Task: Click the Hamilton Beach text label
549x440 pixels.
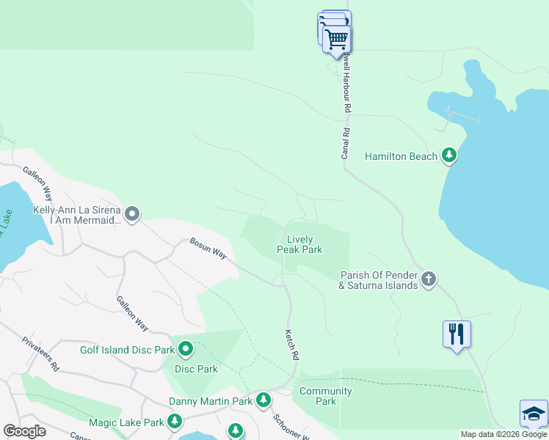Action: [x=401, y=156]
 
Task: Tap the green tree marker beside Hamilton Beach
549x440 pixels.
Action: [x=449, y=155]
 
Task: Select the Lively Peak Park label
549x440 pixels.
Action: [x=299, y=245]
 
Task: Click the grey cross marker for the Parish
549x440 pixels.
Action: [x=429, y=279]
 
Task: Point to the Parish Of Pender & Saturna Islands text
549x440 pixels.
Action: [x=378, y=281]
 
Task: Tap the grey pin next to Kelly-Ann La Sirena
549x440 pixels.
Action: [x=132, y=214]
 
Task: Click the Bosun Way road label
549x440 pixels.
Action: [x=208, y=247]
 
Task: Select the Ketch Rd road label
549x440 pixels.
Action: [x=293, y=343]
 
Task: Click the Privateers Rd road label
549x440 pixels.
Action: [x=40, y=353]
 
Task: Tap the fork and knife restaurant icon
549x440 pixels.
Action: [x=457, y=334]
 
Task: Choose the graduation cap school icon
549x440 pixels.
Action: [x=534, y=413]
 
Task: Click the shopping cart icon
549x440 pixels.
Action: [x=337, y=38]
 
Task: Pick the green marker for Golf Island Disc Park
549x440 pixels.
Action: [x=185, y=349]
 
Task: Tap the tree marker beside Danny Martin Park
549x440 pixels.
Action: [x=263, y=400]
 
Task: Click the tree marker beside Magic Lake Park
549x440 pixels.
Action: [x=174, y=422]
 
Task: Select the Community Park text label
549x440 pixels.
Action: [x=326, y=396]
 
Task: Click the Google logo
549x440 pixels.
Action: [x=25, y=431]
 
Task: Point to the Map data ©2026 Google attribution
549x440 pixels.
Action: [x=503, y=434]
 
